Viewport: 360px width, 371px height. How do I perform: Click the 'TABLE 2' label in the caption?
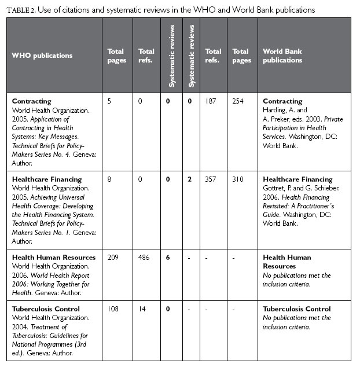point(23,9)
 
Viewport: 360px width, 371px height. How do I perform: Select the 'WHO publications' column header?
point(42,56)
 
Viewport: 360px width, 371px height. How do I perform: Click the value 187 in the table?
point(212,101)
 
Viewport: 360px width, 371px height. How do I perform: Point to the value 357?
point(212,179)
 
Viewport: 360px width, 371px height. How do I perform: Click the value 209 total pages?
point(113,258)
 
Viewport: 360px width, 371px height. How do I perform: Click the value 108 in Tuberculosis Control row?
point(113,309)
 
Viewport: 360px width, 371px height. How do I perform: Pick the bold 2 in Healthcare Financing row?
point(189,179)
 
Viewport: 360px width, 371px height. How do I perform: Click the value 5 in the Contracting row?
point(109,101)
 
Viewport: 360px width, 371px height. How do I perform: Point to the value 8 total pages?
point(109,179)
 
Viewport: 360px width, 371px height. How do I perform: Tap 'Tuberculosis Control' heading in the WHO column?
point(46,309)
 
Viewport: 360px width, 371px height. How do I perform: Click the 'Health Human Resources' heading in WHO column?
point(54,258)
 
